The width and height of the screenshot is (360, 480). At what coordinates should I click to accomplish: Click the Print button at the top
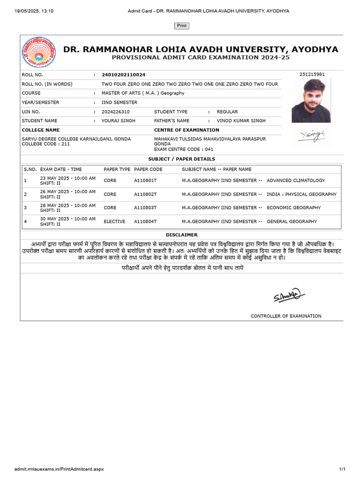(x=182, y=26)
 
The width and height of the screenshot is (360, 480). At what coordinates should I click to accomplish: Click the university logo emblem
(x=39, y=53)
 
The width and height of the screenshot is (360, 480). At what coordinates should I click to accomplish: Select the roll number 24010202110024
(x=123, y=75)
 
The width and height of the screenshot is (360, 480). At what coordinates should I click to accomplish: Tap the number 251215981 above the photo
(x=312, y=75)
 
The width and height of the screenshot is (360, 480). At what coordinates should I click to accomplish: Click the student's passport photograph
(x=311, y=100)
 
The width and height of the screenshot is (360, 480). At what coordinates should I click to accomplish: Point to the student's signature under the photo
(x=311, y=135)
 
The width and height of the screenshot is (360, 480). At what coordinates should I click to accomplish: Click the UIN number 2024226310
(x=115, y=112)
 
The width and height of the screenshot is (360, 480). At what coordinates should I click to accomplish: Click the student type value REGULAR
(x=227, y=112)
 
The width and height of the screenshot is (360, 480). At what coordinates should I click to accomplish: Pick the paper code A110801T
(x=145, y=180)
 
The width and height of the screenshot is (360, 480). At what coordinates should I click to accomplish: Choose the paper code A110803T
(x=145, y=208)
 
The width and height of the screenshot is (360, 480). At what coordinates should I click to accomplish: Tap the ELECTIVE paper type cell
(x=114, y=221)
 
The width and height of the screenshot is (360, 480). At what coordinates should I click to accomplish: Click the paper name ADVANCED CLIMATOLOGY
(x=296, y=180)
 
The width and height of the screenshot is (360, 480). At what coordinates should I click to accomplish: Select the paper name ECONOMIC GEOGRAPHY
(x=294, y=208)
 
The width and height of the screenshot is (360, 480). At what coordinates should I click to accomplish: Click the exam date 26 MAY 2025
(x=67, y=191)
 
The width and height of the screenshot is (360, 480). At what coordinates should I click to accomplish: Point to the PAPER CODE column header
(x=148, y=169)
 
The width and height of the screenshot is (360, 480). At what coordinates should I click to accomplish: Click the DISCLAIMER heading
(x=181, y=235)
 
